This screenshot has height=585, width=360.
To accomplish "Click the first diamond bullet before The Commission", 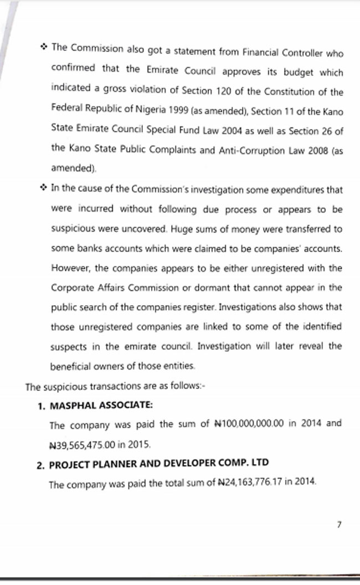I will [x=44, y=48].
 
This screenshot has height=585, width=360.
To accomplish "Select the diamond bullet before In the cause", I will [x=44, y=188].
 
